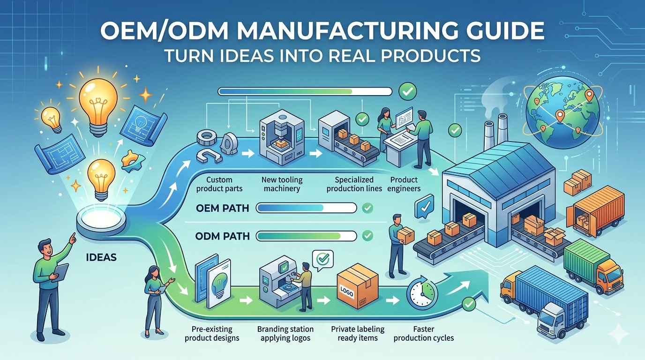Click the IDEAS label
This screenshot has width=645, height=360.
(x=101, y=257)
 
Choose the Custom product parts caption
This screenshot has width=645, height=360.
(x=219, y=184)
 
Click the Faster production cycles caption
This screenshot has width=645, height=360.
(x=423, y=333)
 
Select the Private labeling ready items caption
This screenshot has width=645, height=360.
(x=358, y=333)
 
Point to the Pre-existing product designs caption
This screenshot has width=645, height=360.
(x=212, y=333)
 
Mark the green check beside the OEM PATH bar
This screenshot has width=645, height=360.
(x=367, y=207)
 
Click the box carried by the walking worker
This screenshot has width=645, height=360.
(x=405, y=234)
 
